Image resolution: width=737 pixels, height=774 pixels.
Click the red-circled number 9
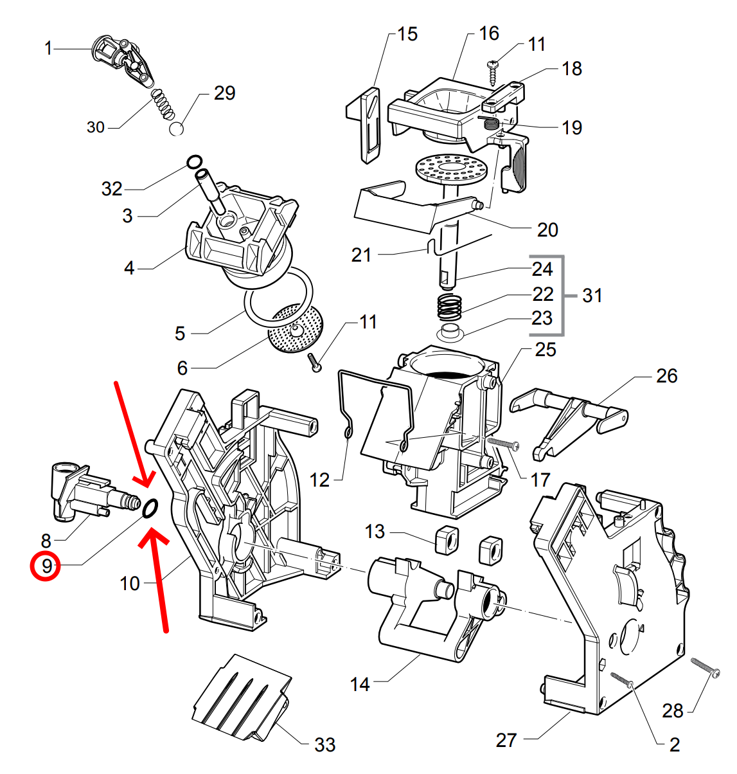(47, 566)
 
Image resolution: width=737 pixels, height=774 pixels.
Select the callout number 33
(324, 744)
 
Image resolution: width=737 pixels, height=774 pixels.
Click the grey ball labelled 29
(177, 129)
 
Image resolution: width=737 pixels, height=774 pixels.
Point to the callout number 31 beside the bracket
(592, 296)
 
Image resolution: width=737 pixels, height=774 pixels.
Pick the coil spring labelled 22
(450, 305)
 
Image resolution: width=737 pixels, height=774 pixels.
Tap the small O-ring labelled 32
(194, 162)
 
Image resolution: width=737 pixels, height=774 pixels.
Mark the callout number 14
(360, 684)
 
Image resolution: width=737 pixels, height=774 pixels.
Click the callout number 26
(666, 375)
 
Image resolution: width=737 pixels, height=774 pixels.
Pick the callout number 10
(130, 583)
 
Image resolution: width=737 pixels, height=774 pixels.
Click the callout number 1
(48, 48)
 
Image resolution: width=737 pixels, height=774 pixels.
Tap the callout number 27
(506, 740)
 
